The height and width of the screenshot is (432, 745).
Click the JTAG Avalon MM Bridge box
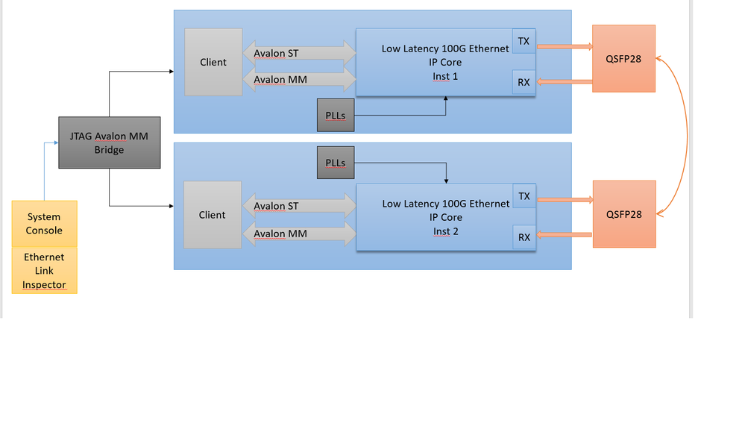[x=109, y=143]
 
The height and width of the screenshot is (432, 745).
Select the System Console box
[x=44, y=223]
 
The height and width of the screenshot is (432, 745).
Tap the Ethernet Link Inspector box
[x=44, y=270]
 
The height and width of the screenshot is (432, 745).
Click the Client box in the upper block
[x=213, y=62]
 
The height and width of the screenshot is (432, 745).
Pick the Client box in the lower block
[x=212, y=215]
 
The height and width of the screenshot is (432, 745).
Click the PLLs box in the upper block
[x=336, y=116]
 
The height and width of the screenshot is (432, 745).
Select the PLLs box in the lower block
[x=336, y=163]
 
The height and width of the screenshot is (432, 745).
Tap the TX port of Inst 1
[x=524, y=42]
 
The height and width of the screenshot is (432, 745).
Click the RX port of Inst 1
[x=524, y=82]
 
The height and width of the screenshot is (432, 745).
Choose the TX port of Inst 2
[x=524, y=197]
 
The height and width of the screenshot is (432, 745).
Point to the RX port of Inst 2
[x=524, y=237]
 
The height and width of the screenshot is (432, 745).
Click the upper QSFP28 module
[x=623, y=58]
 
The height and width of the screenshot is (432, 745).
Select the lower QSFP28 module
[x=623, y=214]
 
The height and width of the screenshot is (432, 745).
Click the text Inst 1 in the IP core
[x=445, y=76]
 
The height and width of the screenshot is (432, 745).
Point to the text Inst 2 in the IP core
[x=446, y=231]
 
